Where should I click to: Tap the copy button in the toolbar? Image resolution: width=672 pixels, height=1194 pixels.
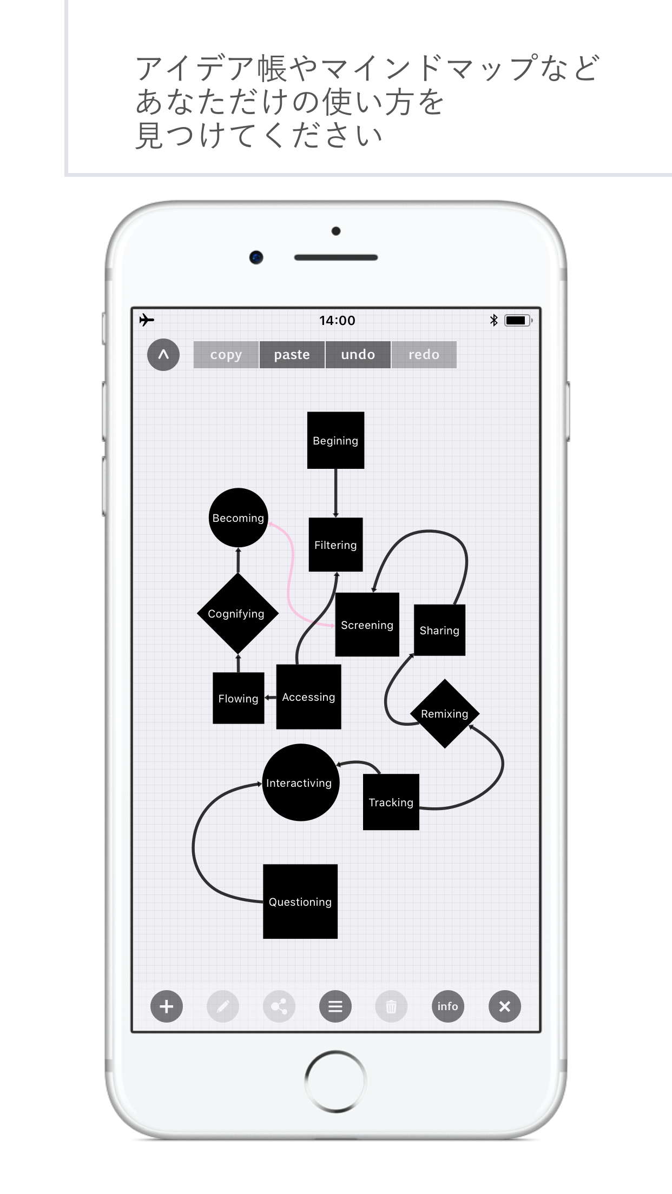click(226, 355)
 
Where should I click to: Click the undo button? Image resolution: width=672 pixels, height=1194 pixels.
click(358, 355)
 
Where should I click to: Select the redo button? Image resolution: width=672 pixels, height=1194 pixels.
click(424, 355)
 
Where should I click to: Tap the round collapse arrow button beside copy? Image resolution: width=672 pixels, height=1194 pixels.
click(163, 355)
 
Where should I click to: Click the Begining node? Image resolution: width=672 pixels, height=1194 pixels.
click(335, 440)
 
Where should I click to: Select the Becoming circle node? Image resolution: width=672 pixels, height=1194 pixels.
click(238, 518)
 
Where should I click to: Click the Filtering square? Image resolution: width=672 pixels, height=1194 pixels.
click(335, 545)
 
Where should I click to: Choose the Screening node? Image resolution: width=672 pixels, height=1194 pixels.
click(367, 625)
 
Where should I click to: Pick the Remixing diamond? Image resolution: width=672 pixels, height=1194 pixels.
click(445, 714)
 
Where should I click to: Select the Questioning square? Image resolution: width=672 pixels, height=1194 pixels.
click(300, 901)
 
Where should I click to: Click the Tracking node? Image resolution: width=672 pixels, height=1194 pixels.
click(391, 802)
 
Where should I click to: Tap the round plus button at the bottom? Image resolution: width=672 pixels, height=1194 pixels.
click(167, 1006)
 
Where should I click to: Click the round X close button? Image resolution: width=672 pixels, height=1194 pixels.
click(504, 1006)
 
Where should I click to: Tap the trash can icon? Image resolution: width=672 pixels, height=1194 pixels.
click(391, 1006)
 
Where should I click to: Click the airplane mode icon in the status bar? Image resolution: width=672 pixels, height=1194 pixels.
click(147, 320)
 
